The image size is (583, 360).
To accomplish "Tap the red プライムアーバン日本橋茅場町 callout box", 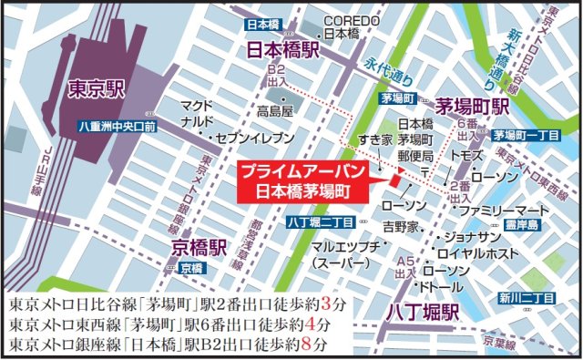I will [x=302, y=181].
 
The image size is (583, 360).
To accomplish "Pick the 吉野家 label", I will [x=401, y=224].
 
